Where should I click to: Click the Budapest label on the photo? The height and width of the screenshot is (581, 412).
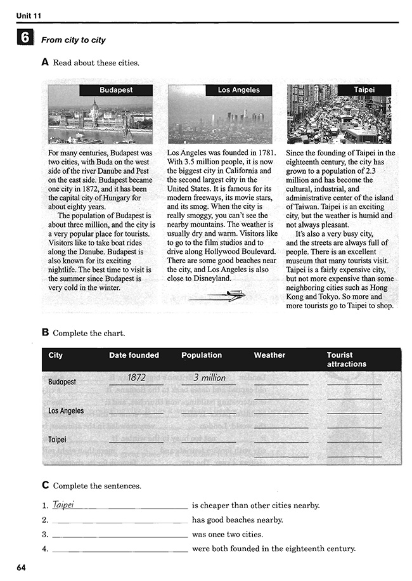116,90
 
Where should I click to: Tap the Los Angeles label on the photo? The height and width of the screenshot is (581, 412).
238,90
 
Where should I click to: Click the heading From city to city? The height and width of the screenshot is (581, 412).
74,40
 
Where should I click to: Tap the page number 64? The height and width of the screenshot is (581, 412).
22,566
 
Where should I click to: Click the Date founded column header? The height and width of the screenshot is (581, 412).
134,355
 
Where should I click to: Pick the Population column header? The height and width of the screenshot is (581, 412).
202,355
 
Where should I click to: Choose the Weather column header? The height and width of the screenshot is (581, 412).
269,355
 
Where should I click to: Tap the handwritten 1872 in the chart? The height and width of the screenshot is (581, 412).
136,377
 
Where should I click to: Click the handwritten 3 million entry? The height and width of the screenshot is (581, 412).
209,377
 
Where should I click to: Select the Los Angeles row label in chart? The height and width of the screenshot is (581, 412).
66,411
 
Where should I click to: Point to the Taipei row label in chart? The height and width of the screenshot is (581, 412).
57,439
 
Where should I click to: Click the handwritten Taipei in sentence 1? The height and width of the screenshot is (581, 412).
64,505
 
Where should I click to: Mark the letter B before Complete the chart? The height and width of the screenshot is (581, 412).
45,332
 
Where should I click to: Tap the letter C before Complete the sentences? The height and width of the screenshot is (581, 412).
45,485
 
